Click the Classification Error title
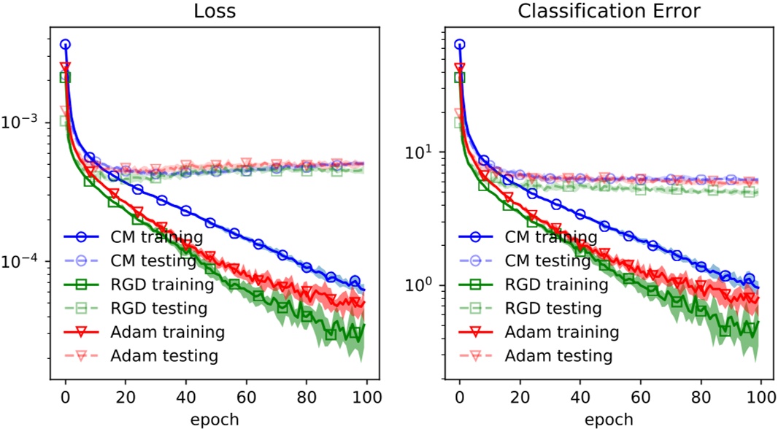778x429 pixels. pyautogui.click(x=609, y=12)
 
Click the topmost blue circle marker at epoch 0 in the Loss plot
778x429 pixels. pyautogui.click(x=66, y=45)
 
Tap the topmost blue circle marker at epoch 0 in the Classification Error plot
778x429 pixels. pyautogui.click(x=459, y=45)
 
